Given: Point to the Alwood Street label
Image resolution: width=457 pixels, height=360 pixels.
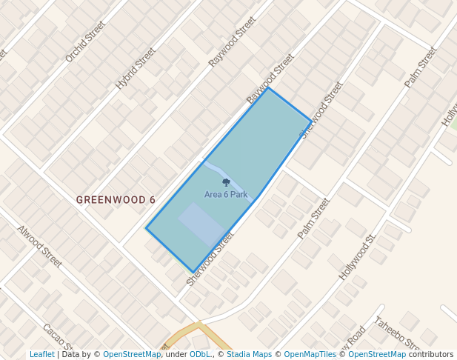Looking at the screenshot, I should coord(39,246).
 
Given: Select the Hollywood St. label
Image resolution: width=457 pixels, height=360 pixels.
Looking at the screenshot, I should coord(358,256).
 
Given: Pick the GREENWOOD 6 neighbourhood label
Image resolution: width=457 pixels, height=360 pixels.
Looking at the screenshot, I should coord(116,200).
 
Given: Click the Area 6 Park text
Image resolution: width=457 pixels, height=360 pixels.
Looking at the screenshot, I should coord(226,195).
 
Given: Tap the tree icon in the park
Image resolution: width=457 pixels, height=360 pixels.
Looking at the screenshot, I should coord(226,182).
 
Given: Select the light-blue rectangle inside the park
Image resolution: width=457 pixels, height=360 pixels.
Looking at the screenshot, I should coord(201,224).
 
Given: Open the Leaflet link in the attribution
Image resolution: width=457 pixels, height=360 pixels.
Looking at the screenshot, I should coord(42,354).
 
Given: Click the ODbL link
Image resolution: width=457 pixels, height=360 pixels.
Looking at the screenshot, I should coord(200,354).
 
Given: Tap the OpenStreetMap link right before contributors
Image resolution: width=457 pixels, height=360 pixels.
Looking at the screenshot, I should coord(377,354).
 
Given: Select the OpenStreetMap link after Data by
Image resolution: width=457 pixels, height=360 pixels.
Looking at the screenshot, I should coord(132,354).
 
